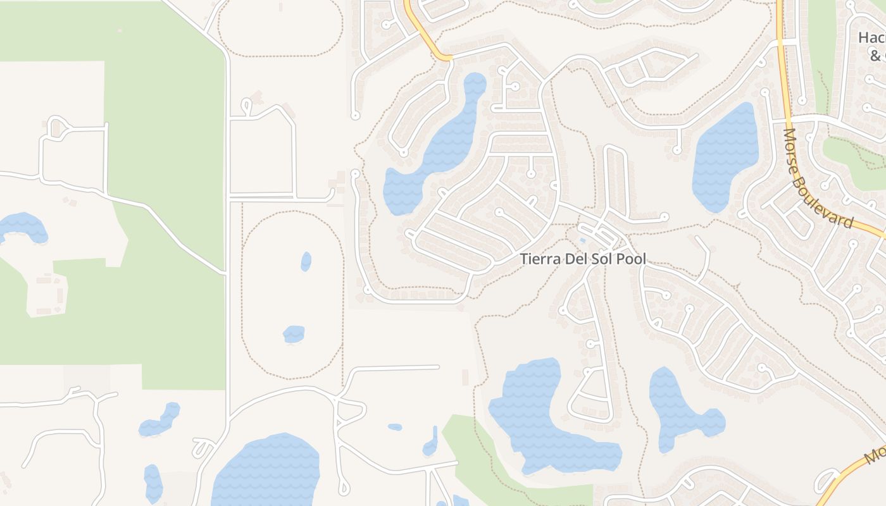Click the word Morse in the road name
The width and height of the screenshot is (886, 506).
[794, 149]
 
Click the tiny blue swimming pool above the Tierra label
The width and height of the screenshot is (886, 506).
[582, 240]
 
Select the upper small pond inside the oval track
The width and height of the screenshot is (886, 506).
[306, 261]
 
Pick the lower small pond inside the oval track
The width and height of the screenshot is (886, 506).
[294, 334]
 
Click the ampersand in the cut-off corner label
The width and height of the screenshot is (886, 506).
[875, 56]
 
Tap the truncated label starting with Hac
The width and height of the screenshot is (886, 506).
[871, 38]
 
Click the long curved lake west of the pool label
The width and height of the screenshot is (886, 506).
[437, 149]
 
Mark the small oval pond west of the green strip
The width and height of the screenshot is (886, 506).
[395, 427]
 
